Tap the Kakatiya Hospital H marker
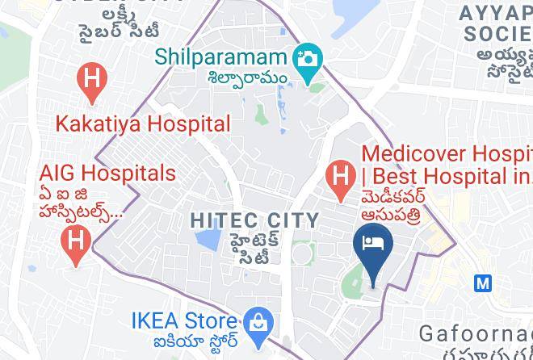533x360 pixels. (92, 81)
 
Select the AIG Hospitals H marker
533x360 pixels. (76, 241)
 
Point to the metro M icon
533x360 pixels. (483, 283)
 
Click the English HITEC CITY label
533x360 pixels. (255, 220)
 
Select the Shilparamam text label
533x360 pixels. (221, 57)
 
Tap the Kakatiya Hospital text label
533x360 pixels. (143, 124)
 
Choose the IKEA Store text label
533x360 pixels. (186, 320)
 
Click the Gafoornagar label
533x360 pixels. (475, 333)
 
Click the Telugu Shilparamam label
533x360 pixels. (247, 77)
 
